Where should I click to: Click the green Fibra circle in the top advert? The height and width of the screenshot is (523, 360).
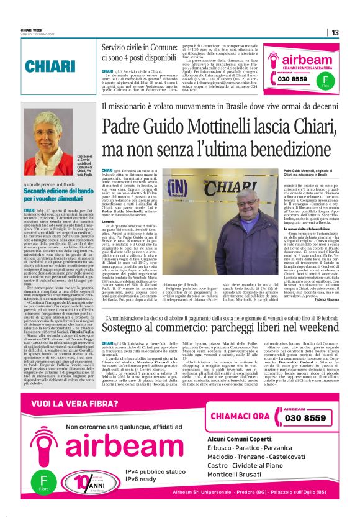[x=324, y=80]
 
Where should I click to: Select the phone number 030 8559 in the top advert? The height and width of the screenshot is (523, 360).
[x=292, y=80]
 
